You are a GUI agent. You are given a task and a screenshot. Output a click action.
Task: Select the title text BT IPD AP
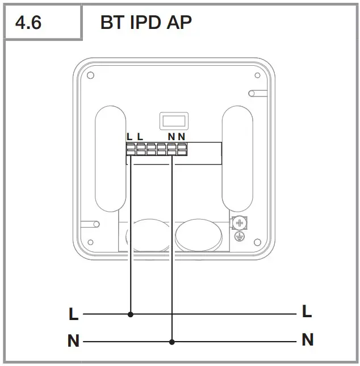point(146,23)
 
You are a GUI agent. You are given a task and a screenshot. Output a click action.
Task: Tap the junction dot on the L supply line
point(131,314)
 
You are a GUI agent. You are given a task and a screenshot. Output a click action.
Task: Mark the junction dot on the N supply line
point(172,342)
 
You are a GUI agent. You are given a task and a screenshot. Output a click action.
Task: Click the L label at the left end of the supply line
point(73,314)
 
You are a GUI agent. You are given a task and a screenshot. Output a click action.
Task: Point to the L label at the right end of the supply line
point(307,311)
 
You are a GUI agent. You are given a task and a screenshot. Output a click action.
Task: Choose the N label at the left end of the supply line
point(73,342)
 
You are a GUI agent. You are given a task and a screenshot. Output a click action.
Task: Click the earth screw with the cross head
point(239,222)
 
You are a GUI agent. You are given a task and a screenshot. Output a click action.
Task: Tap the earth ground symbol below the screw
point(239,235)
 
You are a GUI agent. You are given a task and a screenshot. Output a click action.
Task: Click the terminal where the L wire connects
point(131,150)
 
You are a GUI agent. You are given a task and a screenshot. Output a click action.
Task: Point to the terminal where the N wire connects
point(172,150)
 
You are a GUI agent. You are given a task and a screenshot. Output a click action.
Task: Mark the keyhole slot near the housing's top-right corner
point(253,93)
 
